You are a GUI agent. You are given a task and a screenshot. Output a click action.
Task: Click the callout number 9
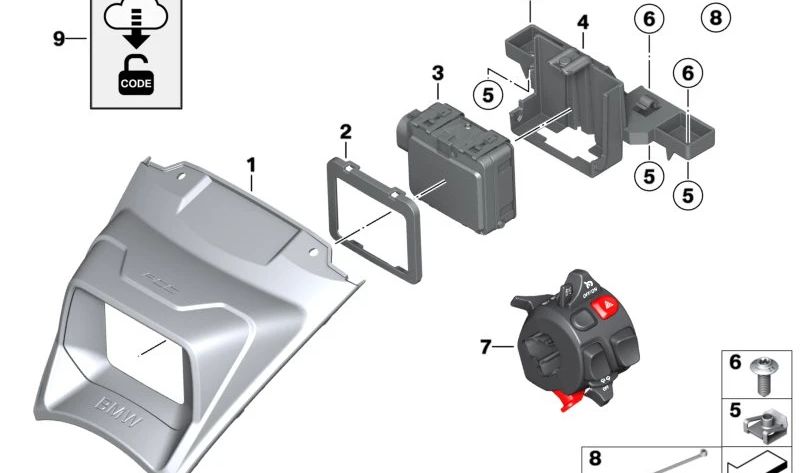coord(59,39)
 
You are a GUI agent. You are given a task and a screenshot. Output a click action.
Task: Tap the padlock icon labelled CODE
coord(135,77)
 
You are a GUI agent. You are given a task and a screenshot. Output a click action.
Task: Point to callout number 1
coord(252,163)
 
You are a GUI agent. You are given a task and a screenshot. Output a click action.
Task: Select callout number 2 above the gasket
coord(345,132)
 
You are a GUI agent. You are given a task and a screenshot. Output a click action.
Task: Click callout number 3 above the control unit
coord(437,72)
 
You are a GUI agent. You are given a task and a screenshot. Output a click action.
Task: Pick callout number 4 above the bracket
coord(583,22)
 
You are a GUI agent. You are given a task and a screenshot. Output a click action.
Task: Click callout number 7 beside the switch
coord(487,347)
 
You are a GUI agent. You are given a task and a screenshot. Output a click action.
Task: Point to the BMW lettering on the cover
coord(117,410)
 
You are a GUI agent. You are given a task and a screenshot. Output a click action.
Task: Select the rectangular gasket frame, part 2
coord(374,211)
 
